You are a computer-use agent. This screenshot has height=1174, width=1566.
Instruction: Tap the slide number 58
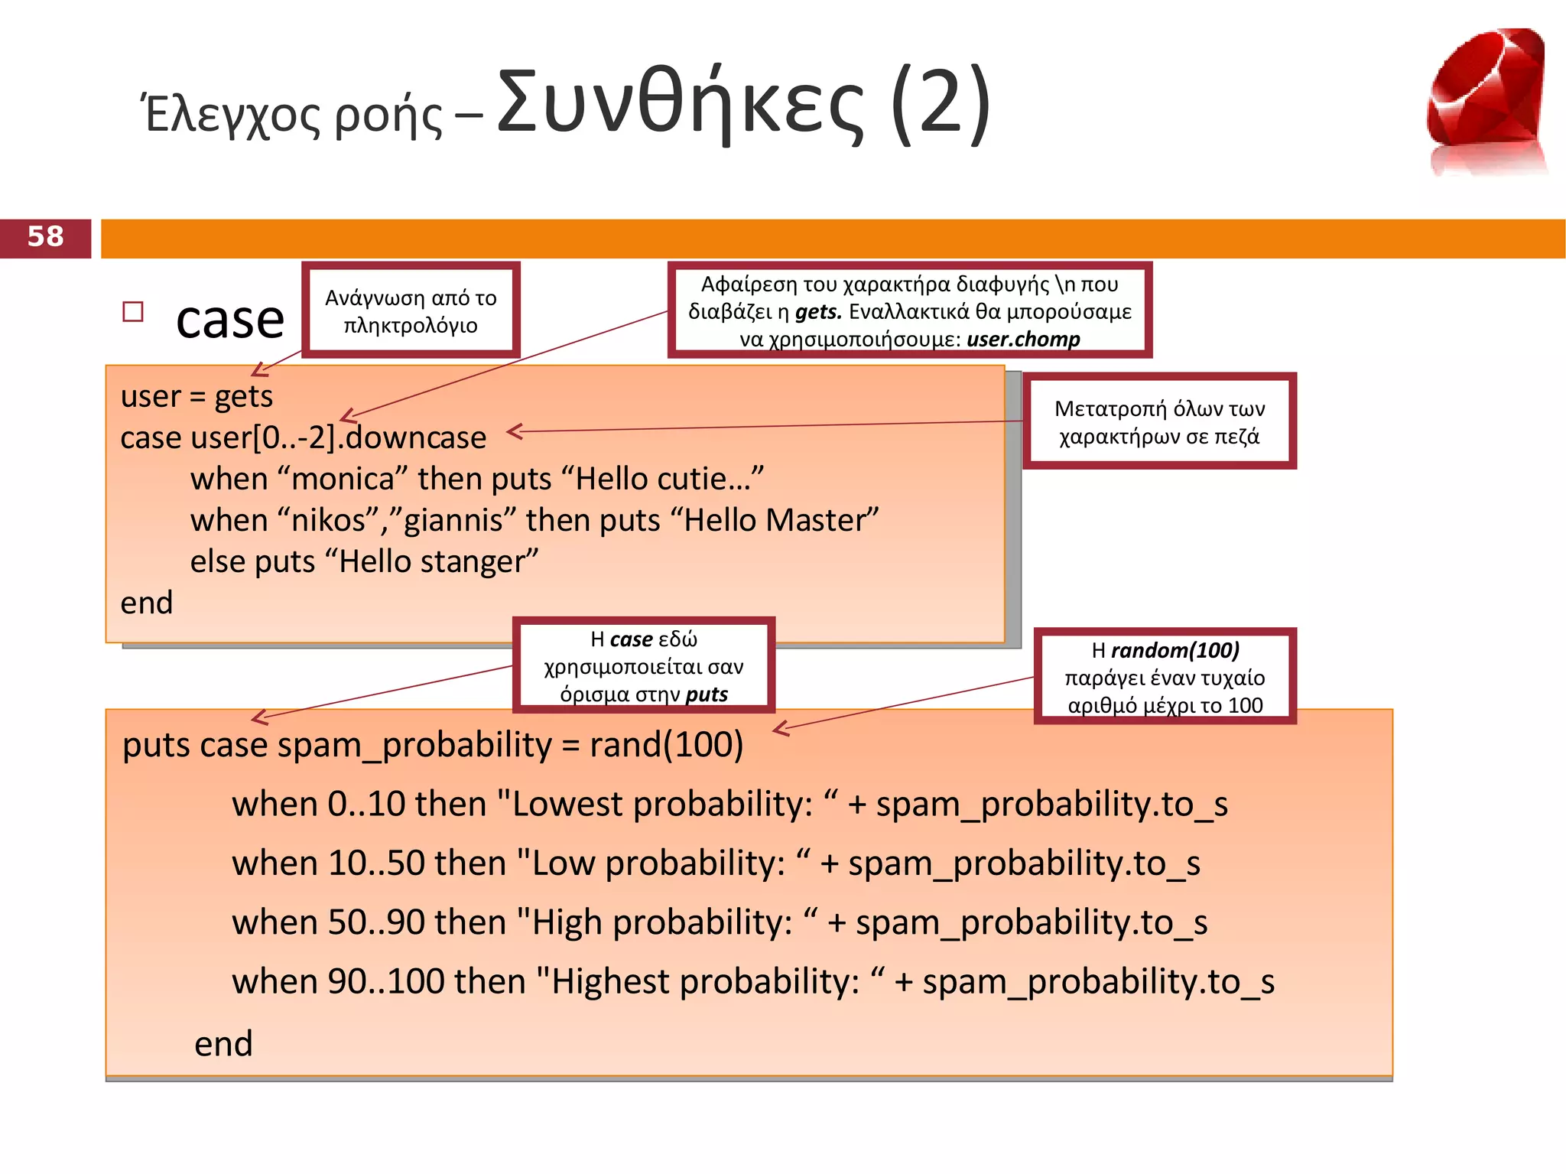point(45,237)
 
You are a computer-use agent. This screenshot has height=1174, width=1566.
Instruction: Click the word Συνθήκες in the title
point(680,103)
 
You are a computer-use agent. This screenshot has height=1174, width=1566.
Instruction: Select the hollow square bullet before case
point(133,311)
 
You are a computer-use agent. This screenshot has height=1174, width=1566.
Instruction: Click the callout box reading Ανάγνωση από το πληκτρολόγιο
point(411,311)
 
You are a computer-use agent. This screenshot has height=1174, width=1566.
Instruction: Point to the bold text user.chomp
point(1023,339)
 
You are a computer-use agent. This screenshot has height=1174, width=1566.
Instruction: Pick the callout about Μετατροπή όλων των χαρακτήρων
point(1158,421)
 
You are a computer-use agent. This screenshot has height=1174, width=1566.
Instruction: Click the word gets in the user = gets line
point(243,397)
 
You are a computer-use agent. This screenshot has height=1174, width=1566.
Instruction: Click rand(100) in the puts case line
point(666,745)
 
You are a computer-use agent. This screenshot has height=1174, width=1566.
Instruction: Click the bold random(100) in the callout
point(1174,650)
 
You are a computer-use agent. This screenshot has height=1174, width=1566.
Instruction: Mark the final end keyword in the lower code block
point(223,1044)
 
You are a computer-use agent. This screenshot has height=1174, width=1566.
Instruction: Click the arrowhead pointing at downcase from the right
point(514,431)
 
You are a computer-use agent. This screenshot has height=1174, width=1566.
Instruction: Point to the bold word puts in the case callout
point(707,694)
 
